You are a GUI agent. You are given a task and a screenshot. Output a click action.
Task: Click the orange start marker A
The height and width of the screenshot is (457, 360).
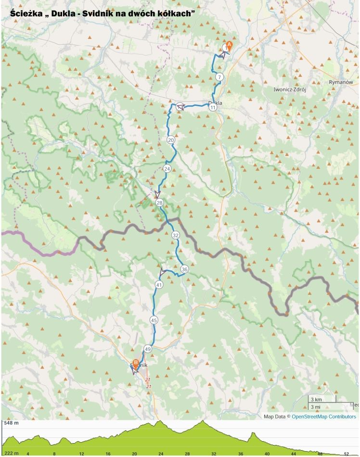[x=229, y=45]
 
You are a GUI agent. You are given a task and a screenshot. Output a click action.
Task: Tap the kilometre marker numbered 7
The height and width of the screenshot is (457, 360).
[x=219, y=77]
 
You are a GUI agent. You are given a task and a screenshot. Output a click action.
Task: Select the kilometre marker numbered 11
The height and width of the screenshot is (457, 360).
[x=213, y=108]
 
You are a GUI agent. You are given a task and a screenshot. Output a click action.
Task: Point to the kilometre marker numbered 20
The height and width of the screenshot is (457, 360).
[x=171, y=140]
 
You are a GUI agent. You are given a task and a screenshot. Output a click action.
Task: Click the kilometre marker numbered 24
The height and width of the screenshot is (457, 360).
[x=167, y=169]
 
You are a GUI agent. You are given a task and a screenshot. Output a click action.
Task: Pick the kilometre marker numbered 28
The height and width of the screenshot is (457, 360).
[x=160, y=203]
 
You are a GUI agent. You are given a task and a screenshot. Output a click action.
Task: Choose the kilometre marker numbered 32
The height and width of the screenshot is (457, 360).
[x=175, y=235]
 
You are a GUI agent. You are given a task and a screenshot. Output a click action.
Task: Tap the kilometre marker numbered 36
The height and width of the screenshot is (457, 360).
[x=184, y=269]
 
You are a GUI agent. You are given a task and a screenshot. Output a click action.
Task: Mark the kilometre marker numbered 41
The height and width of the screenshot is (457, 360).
[x=159, y=285]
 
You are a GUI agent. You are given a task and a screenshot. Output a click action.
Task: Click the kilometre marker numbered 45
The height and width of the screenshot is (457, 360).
[x=154, y=320]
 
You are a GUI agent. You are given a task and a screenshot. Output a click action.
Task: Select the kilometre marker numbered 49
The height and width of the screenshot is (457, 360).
[x=148, y=349]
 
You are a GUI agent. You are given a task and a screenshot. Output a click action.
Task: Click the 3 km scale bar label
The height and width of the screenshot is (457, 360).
[x=316, y=400]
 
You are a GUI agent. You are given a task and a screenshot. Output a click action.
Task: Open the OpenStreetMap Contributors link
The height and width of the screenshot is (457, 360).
[x=324, y=417]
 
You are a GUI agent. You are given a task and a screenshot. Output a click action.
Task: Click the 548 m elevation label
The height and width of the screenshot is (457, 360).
[x=11, y=424]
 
